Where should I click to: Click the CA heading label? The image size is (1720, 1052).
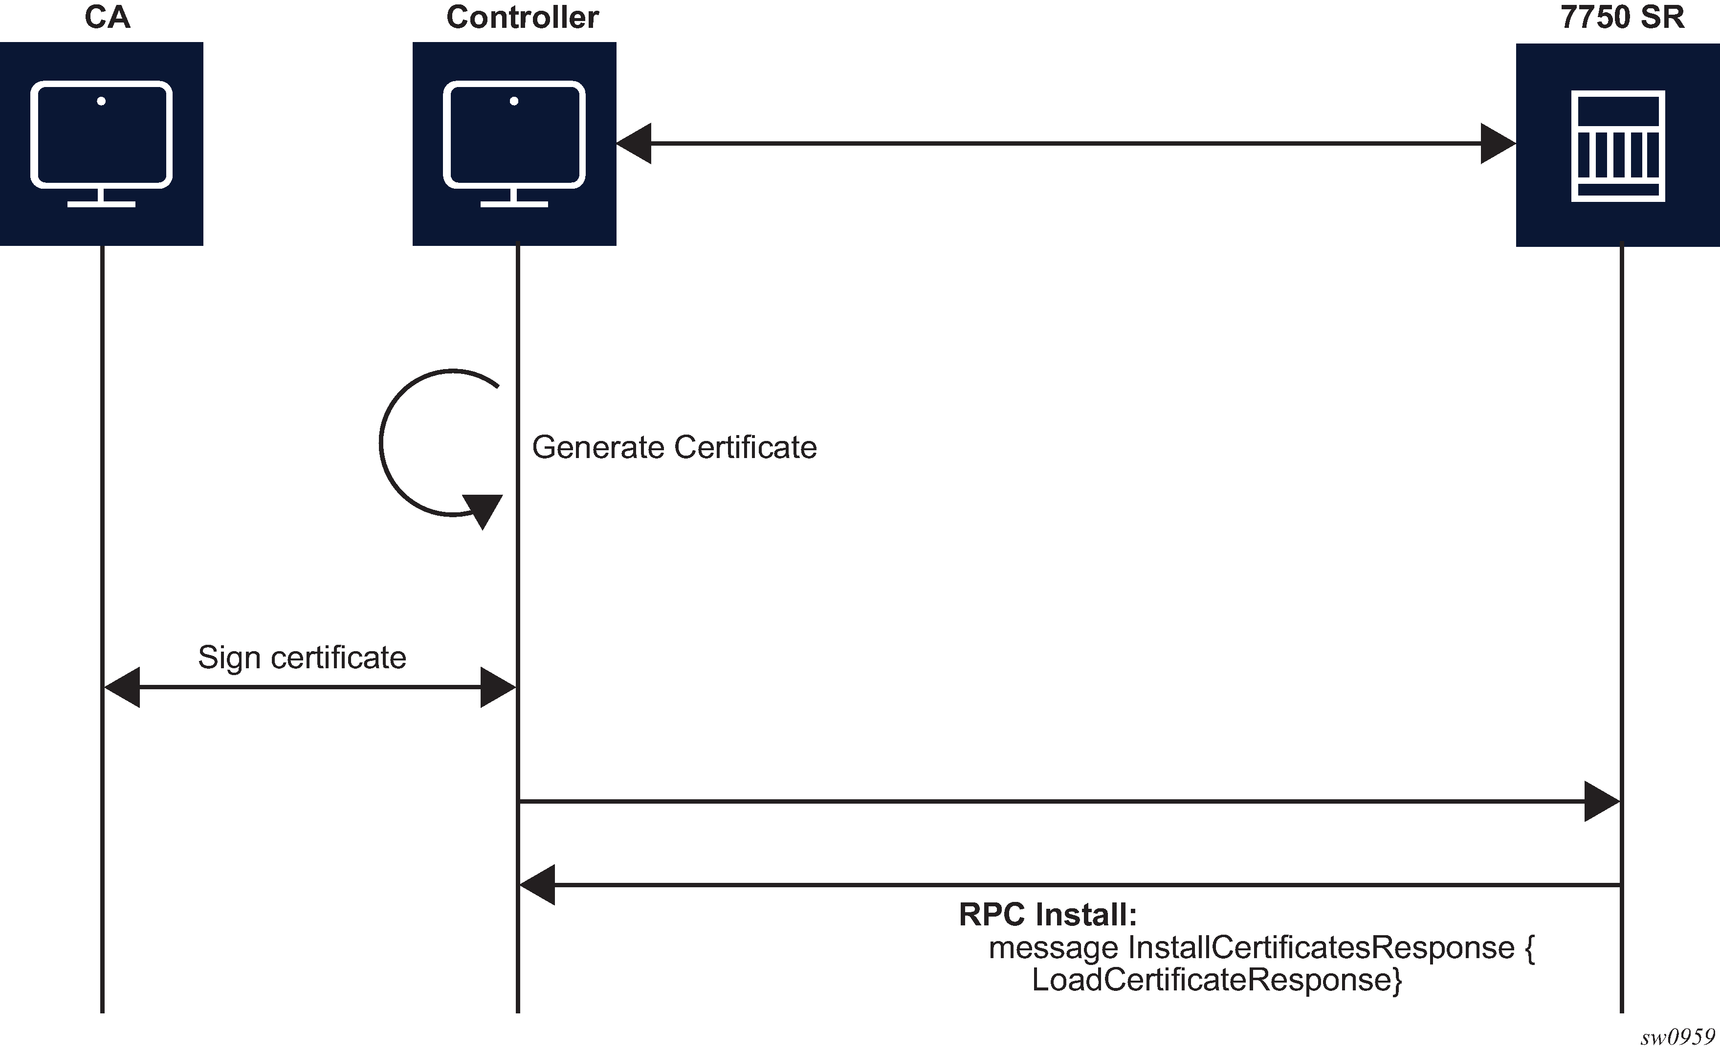pyautogui.click(x=108, y=18)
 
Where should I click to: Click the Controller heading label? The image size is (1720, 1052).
pyautogui.click(x=522, y=18)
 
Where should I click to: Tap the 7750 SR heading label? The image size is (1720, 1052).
pyautogui.click(x=1622, y=18)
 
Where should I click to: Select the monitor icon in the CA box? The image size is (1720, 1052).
pyautogui.click(x=101, y=144)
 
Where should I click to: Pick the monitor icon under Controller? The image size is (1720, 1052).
pyautogui.click(x=514, y=144)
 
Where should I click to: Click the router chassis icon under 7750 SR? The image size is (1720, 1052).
pyautogui.click(x=1618, y=146)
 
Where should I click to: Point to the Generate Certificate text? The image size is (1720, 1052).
pyautogui.click(x=674, y=447)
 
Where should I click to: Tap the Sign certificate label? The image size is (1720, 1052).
pyautogui.click(x=302, y=657)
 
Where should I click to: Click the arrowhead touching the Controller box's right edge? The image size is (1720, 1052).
pyautogui.click(x=634, y=144)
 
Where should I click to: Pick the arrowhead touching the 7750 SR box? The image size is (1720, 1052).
pyautogui.click(x=1498, y=144)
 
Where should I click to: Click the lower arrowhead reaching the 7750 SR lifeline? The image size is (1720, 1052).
pyautogui.click(x=1602, y=801)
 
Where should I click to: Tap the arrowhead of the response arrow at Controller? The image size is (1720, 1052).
pyautogui.click(x=537, y=884)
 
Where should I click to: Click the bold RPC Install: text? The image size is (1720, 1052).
pyautogui.click(x=1048, y=915)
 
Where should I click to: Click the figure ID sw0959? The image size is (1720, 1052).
pyautogui.click(x=1677, y=1037)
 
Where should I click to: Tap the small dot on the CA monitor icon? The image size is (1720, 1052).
pyautogui.click(x=101, y=101)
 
